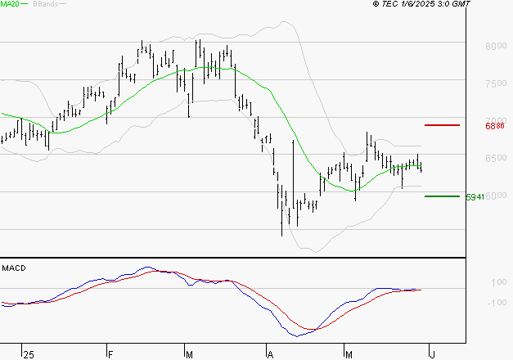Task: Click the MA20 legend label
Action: coord(11,5)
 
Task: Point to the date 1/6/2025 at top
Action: coord(430,5)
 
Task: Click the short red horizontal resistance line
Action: coord(443,125)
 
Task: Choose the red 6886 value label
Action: coord(494,126)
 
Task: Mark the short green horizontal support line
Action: coord(442,196)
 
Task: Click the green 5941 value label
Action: coord(475,197)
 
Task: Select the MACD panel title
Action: coord(15,268)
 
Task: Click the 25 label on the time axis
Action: coord(29,354)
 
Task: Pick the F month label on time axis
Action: coord(110,354)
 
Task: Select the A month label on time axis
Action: coord(270,354)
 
